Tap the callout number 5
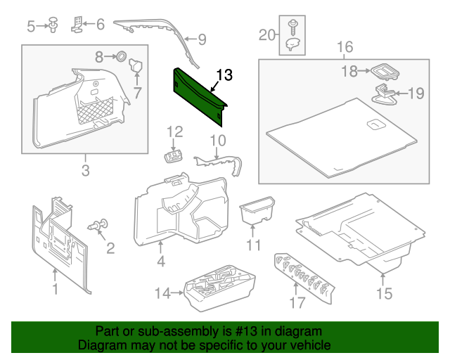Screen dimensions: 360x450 tap(31, 27)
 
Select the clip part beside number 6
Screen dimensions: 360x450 tap(78, 25)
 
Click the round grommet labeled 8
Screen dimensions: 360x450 tap(120, 56)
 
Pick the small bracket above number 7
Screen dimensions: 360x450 tap(136, 68)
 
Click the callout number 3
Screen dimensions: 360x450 tap(85, 170)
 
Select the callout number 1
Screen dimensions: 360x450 tap(55, 288)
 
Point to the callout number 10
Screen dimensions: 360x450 tap(218, 140)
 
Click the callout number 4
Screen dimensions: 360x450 tap(160, 263)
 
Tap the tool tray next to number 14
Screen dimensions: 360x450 tap(218, 287)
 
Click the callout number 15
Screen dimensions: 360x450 tap(383, 293)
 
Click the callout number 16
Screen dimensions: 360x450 tap(344, 48)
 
